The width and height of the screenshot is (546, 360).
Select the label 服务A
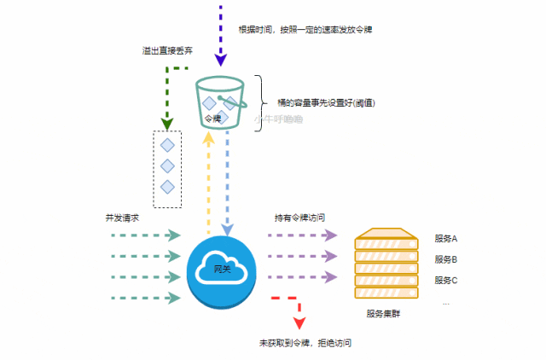point(446,238)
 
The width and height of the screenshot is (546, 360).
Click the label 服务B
point(446,258)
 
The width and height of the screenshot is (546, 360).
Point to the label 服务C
point(446,280)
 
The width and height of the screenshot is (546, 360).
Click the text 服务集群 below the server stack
point(383,314)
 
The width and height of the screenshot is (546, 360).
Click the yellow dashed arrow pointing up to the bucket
point(209,183)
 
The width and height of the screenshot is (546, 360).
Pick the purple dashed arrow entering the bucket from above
point(221,34)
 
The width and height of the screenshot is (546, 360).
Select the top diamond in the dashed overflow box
point(167,144)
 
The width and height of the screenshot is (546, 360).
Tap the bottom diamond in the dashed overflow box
point(167,186)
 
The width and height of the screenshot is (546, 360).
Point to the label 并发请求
point(122,218)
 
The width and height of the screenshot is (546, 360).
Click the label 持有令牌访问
point(299,218)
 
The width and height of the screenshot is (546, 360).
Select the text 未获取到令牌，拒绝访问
point(305,343)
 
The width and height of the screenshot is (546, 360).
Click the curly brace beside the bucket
point(258,102)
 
